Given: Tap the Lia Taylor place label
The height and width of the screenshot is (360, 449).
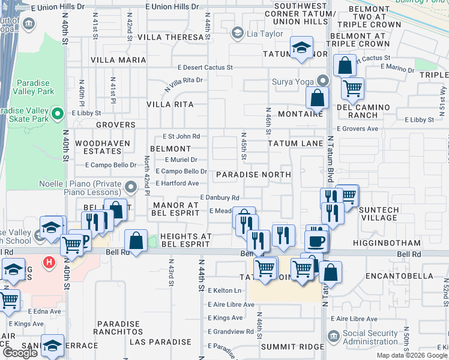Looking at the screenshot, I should point(264,34).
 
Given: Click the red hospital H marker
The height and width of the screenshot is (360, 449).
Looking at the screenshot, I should point(50,262).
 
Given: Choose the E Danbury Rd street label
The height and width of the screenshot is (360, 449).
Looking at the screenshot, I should point(220,198).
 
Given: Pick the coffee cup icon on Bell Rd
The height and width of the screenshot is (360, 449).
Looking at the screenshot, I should point(316,241).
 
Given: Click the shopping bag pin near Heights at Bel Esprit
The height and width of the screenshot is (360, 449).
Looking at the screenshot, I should point(137,240).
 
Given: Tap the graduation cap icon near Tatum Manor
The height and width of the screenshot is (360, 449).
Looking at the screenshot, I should point(301,47).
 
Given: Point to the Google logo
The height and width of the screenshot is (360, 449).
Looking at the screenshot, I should point(20,353).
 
